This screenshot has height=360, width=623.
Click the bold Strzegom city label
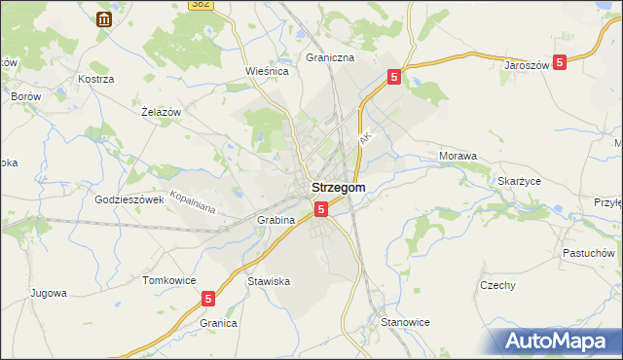click(x=338, y=188)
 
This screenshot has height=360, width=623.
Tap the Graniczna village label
click(x=329, y=57)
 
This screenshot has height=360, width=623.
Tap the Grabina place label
click(x=275, y=220)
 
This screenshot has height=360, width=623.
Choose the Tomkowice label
click(x=168, y=280)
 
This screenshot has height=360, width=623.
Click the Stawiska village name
click(x=269, y=281)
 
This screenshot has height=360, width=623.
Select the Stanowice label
click(x=405, y=321)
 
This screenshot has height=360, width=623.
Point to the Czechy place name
click(x=497, y=285)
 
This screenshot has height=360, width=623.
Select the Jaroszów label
click(x=529, y=65)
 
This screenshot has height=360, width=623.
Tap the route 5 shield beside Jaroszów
click(x=559, y=62)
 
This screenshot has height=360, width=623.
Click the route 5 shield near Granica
click(x=208, y=300)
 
